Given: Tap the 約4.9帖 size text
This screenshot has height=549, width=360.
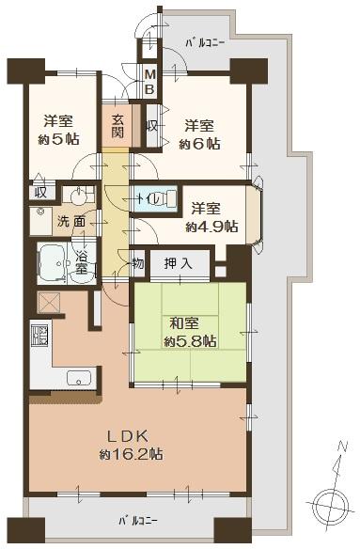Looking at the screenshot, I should click(x=211, y=227).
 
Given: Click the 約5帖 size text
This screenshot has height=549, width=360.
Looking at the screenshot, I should click(x=59, y=139).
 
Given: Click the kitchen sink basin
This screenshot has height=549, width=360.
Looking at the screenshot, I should click(x=79, y=380).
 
